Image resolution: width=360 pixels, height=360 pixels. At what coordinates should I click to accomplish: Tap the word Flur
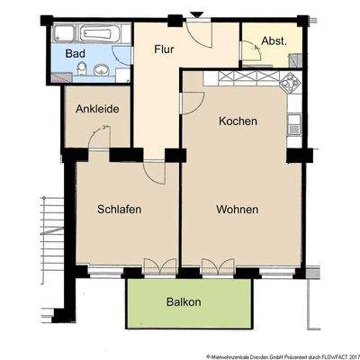pos(163,49)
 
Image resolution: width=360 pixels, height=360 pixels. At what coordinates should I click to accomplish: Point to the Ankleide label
pos(98,109)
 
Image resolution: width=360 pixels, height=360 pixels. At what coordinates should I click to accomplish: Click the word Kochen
pos(238,121)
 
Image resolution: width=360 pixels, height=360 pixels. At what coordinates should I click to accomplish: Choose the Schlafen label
pos(120,209)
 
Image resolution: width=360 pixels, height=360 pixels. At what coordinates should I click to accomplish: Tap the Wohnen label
pos(238,209)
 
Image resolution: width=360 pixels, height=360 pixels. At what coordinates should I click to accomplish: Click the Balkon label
pos(184,302)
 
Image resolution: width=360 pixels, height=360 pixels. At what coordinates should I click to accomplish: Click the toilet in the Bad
pos(81,69)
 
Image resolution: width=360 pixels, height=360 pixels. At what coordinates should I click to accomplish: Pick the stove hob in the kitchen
pos(290,85)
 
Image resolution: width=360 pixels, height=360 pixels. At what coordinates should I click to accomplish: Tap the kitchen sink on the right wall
pos(294,125)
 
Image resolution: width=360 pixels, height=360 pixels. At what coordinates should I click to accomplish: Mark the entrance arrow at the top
pos(197,14)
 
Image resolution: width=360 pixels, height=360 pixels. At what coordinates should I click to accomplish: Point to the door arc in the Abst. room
pos(251,52)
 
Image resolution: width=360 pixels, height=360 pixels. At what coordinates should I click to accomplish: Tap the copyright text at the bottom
pos(281,355)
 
